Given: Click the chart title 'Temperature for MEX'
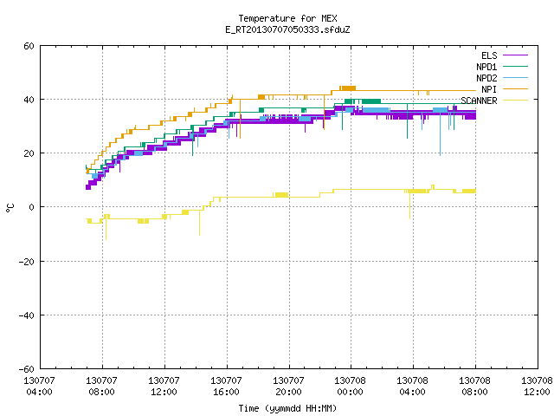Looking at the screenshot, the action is pyautogui.click(x=287, y=18).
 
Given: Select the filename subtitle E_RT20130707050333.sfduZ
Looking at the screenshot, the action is pyautogui.click(x=287, y=29).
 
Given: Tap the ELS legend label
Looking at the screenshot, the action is pyautogui.click(x=489, y=55).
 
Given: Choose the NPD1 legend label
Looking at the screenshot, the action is pyautogui.click(x=486, y=67).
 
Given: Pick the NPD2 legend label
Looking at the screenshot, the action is pyautogui.click(x=486, y=78).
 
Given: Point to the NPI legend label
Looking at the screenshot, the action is pyautogui.click(x=489, y=89).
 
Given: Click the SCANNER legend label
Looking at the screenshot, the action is pyautogui.click(x=479, y=101).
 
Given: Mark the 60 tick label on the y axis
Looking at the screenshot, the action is pyautogui.click(x=29, y=46).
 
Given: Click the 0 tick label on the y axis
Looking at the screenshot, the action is pyautogui.click(x=32, y=207).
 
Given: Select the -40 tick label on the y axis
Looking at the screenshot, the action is pyautogui.click(x=27, y=315).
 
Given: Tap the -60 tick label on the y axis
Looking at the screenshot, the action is pyautogui.click(x=27, y=369).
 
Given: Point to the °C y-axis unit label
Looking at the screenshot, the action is pyautogui.click(x=10, y=208).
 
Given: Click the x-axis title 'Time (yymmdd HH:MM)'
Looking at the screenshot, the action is pyautogui.click(x=287, y=408).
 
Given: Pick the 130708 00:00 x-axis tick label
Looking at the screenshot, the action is pyautogui.click(x=350, y=387).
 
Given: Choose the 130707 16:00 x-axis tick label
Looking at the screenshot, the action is pyautogui.click(x=226, y=387).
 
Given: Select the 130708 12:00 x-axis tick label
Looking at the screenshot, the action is pyautogui.click(x=537, y=387).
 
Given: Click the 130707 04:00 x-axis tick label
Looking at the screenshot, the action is pyautogui.click(x=39, y=387).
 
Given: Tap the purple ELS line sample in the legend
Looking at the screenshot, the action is pyautogui.click(x=515, y=55).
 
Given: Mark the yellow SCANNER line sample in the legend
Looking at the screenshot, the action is pyautogui.click(x=515, y=101).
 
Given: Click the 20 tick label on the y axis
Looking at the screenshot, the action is pyautogui.click(x=29, y=153).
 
